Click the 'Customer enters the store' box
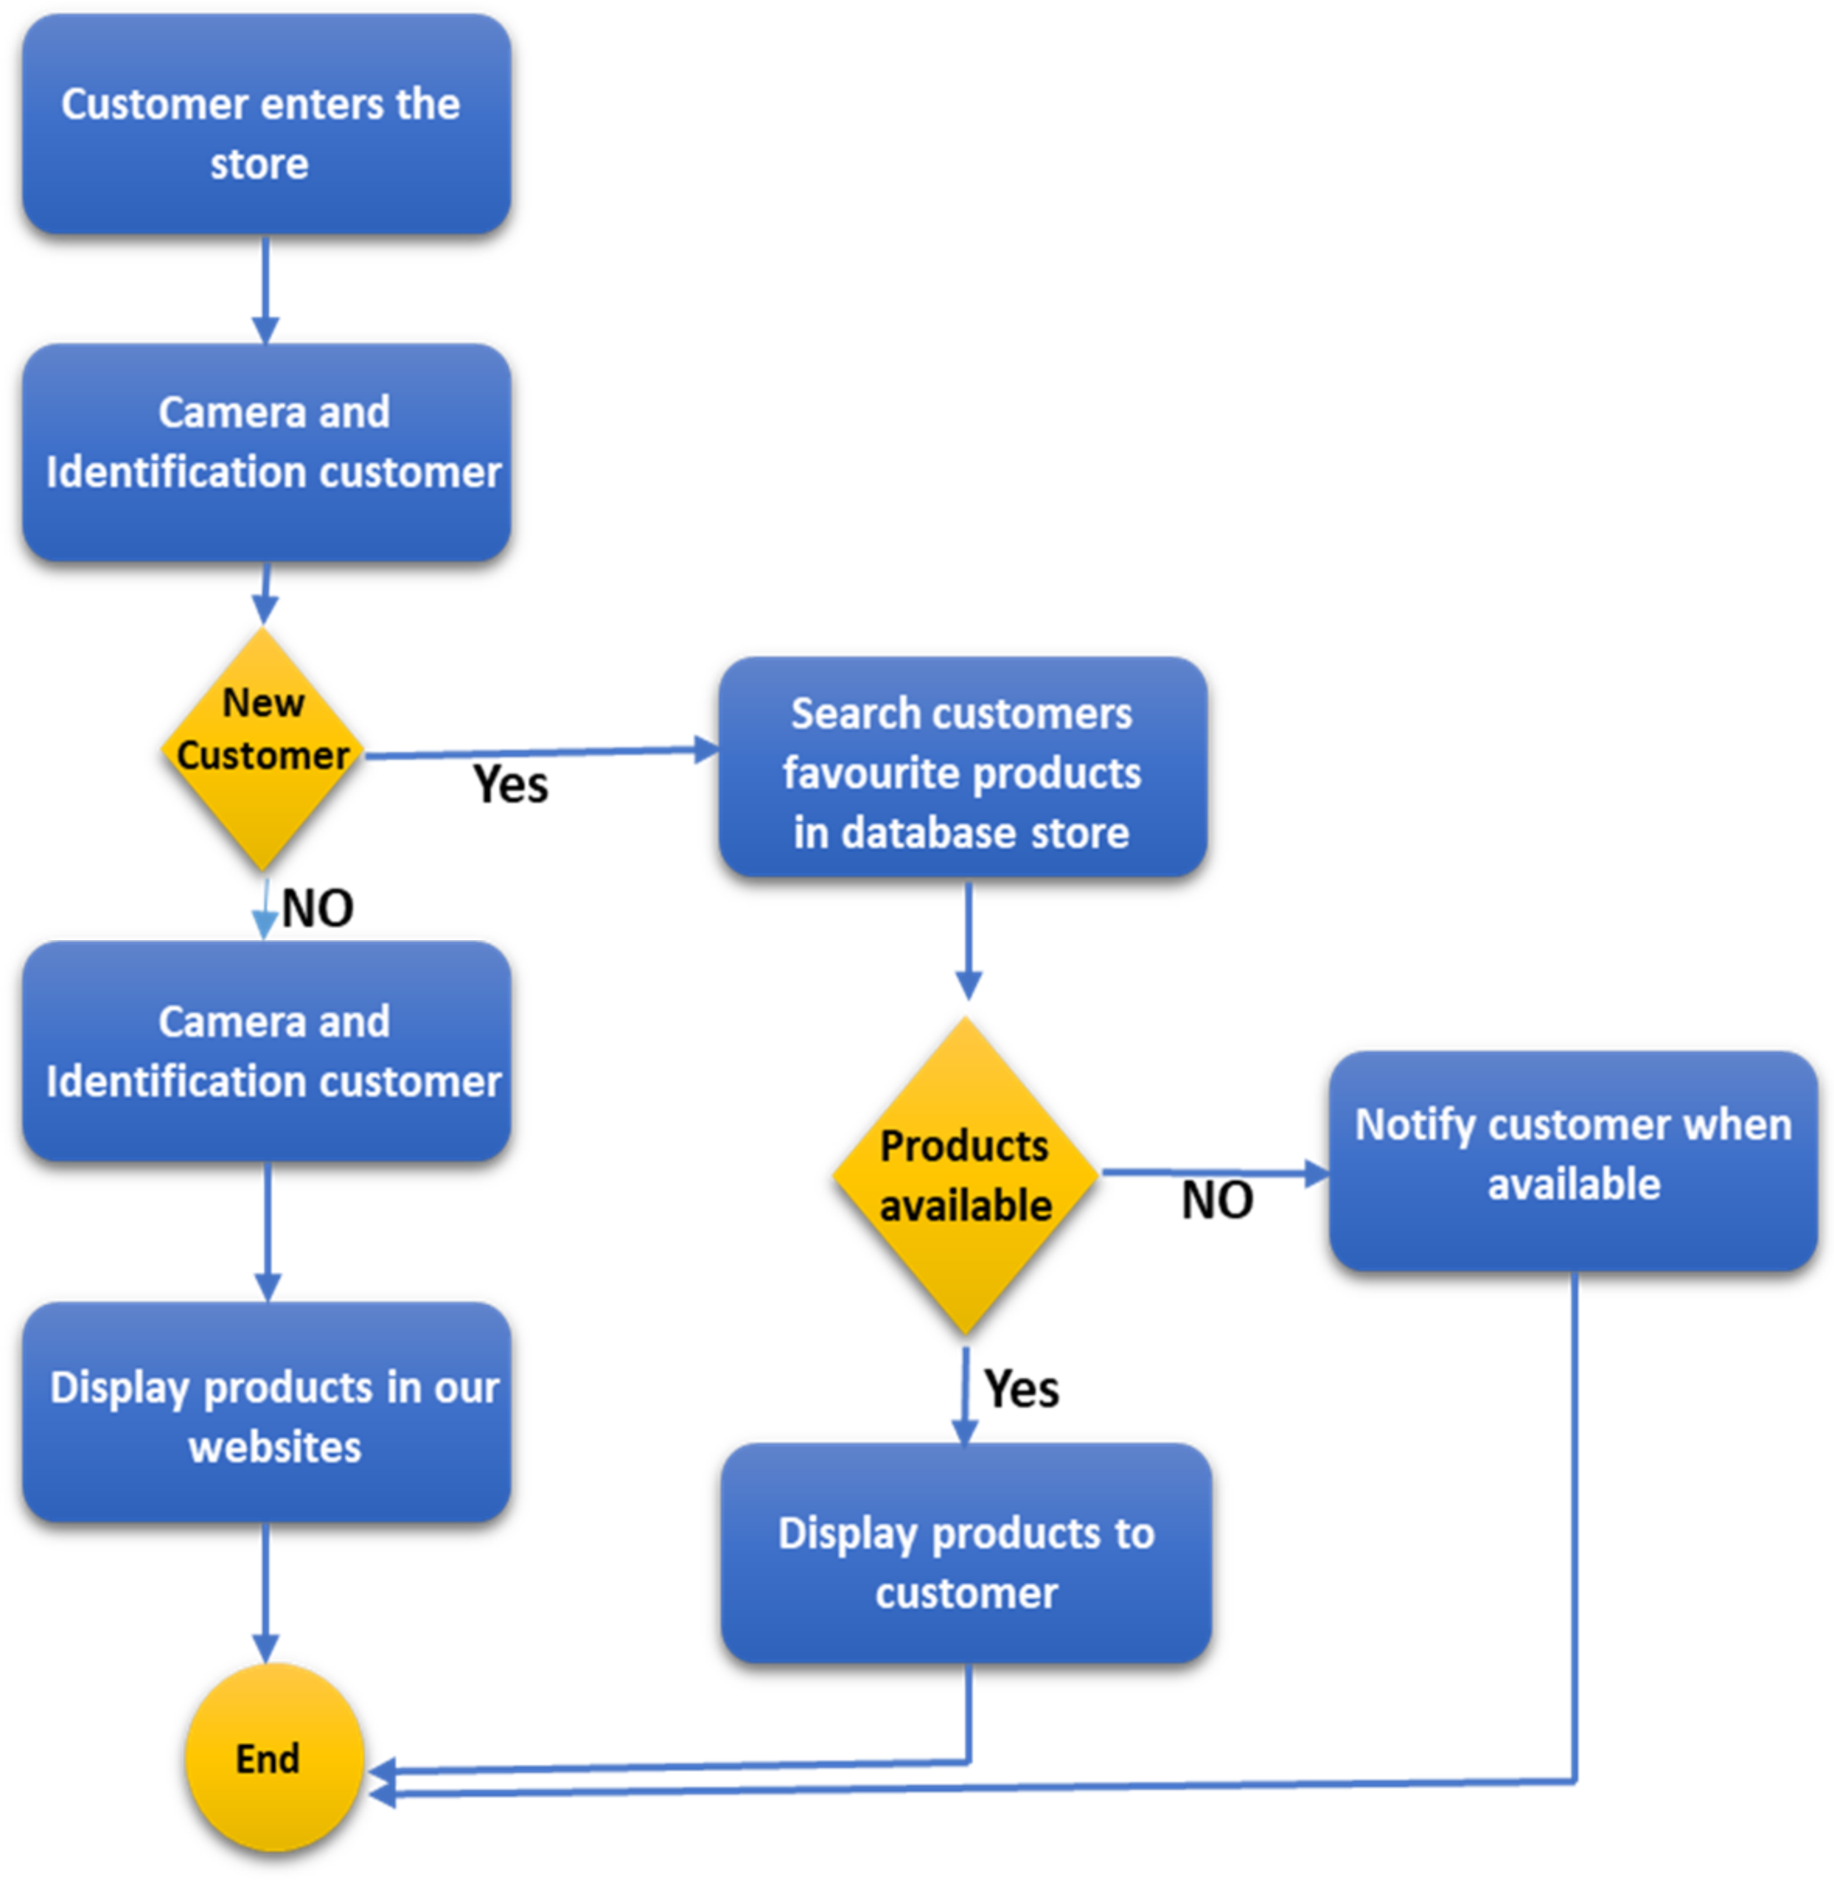266,125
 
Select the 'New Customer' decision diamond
262,748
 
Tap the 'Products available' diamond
965,1175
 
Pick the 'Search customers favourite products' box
962,768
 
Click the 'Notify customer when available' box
1572,1160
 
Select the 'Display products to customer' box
965,1551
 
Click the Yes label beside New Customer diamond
511,784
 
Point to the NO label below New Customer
317,907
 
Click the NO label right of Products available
1216,1200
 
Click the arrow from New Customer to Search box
539,752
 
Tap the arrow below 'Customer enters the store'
265,289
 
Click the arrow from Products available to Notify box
1214,1172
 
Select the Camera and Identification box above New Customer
266,453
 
